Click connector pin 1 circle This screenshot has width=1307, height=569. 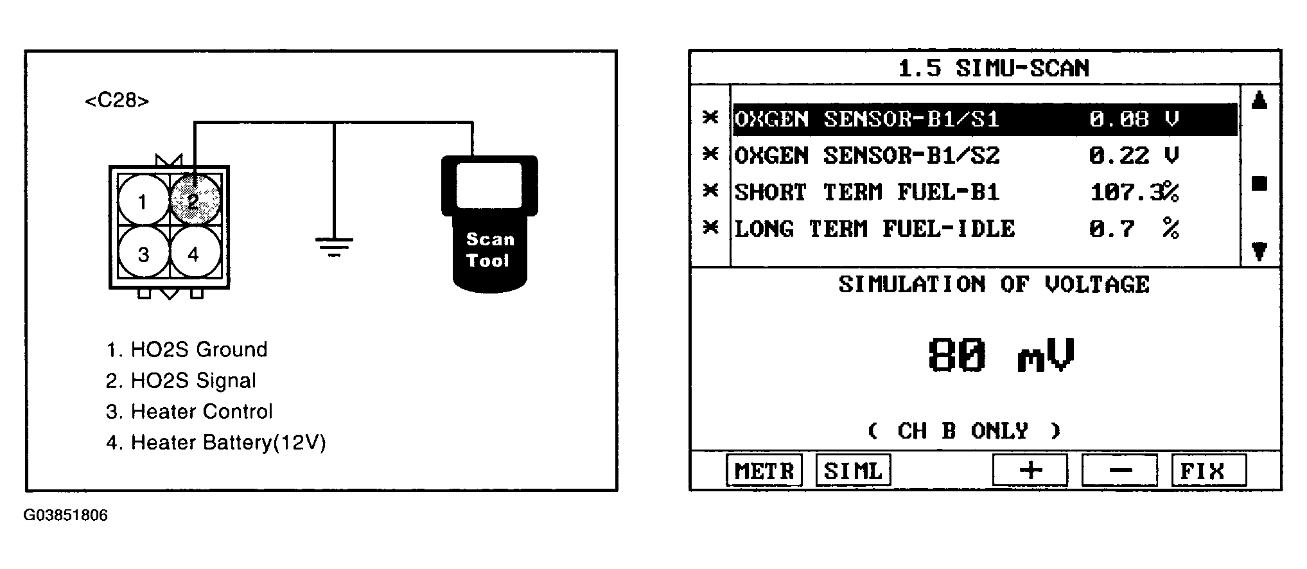143,202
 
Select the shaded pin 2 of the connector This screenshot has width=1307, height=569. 195,200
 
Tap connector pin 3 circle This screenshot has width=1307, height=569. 143,253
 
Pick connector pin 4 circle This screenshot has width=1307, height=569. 195,253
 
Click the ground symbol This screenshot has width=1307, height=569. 334,246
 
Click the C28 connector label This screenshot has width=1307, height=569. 117,101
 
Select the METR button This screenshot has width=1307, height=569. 764,471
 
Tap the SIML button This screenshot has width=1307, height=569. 853,471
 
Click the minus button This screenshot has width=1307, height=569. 1119,471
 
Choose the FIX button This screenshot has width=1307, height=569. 1209,471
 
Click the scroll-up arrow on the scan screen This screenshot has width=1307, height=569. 1259,100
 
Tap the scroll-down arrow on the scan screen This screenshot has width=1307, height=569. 1259,251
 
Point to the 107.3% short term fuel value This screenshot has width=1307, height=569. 1134,192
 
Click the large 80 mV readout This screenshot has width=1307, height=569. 1001,355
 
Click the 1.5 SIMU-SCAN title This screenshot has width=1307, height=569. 993,68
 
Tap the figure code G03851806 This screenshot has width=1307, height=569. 66,515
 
